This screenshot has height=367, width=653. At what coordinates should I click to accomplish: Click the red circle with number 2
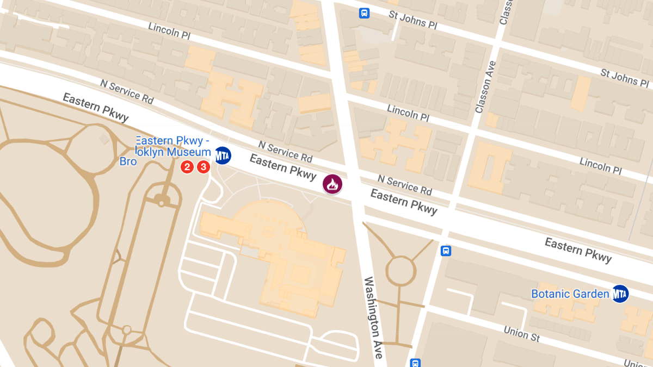(187, 167)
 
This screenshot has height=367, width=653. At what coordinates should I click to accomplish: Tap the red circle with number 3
(203, 167)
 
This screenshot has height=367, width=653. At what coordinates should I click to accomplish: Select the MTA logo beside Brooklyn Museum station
(222, 155)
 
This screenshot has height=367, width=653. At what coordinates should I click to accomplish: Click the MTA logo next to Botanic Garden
(620, 294)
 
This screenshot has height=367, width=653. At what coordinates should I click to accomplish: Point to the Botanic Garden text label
(570, 294)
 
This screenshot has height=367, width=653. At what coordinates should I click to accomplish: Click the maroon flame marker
(332, 184)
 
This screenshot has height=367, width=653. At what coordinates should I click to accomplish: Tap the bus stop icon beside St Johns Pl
(364, 13)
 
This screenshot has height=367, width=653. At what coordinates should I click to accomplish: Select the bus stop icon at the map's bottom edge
(415, 362)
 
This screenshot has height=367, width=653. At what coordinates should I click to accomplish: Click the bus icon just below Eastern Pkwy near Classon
(446, 251)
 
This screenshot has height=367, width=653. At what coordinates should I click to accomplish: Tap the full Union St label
(522, 333)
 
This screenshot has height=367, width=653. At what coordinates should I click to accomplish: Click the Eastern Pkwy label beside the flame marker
(282, 167)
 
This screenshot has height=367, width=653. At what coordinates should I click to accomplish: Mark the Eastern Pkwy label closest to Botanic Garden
(578, 250)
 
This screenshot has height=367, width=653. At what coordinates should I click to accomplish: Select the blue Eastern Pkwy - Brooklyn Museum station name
(173, 147)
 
